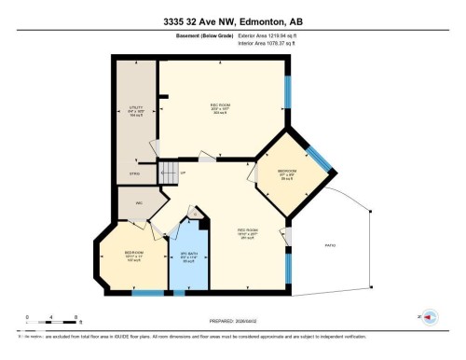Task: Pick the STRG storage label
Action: [x=134, y=172]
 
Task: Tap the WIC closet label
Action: [x=139, y=202]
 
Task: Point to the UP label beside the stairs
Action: [x=183, y=173]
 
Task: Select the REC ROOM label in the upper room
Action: [x=221, y=105]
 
